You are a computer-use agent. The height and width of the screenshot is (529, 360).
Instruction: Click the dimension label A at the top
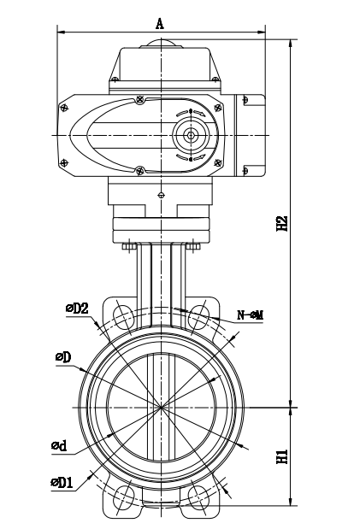click(160, 23)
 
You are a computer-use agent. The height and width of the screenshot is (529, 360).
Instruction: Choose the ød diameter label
click(59, 446)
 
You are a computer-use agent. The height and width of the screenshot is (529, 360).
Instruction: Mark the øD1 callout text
click(61, 483)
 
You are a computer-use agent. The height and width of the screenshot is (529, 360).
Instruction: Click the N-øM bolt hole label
click(249, 315)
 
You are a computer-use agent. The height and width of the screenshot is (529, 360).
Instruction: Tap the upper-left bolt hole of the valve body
click(122, 313)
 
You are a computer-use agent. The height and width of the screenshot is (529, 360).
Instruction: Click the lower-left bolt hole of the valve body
click(122, 497)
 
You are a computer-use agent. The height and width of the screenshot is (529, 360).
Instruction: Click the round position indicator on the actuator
click(190, 135)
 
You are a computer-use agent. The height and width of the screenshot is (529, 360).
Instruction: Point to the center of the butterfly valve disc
click(161, 408)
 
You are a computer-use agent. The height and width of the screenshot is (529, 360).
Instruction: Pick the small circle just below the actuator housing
click(161, 195)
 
